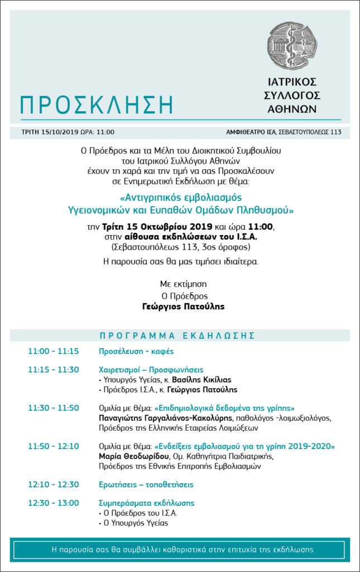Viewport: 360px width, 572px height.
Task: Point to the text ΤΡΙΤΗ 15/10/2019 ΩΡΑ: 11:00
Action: coord(68,132)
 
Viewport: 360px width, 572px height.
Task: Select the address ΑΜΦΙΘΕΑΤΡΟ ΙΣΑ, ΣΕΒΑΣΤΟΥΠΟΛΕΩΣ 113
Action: coord(284,132)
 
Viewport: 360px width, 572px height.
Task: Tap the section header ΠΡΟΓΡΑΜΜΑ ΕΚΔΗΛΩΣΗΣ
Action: coord(177,336)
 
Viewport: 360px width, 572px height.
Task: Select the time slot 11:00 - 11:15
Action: coord(54,351)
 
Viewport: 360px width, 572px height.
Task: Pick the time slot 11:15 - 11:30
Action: coord(54,369)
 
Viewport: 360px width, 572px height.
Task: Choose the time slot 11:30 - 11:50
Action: coord(54,408)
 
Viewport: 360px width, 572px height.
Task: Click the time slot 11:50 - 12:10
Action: coord(54,446)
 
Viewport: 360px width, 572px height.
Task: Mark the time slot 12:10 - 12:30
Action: coord(54,484)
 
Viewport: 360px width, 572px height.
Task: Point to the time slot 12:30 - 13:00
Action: coord(54,503)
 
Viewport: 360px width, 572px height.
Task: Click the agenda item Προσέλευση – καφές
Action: coord(136,351)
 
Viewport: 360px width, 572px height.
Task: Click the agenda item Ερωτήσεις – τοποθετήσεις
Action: coord(146,484)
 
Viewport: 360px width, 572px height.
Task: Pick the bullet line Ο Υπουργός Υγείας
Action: coord(135,523)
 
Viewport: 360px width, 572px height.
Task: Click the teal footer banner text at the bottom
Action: coord(180,550)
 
